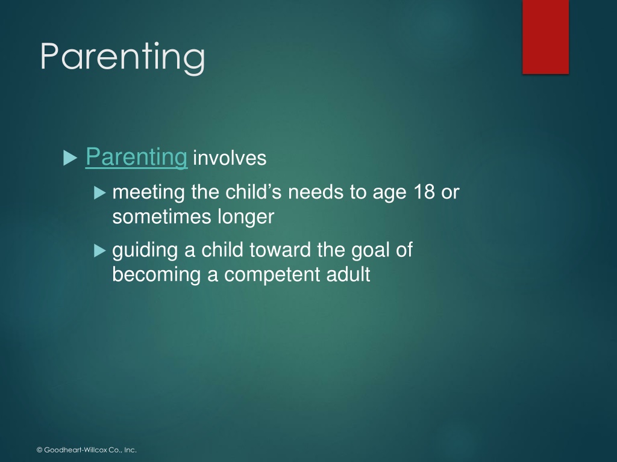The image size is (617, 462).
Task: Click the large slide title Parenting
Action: [122, 57]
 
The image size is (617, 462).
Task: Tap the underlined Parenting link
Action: [136, 158]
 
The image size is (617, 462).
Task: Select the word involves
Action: [230, 158]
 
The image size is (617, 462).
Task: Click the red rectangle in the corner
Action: [545, 37]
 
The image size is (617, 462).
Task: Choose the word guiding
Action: [145, 251]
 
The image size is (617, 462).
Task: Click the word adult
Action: [348, 274]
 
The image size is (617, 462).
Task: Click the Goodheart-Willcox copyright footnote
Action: [87, 450]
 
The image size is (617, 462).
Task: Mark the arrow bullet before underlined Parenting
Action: [70, 158]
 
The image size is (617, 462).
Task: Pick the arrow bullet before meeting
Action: [100, 192]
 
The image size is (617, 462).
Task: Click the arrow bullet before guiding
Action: [100, 251]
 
